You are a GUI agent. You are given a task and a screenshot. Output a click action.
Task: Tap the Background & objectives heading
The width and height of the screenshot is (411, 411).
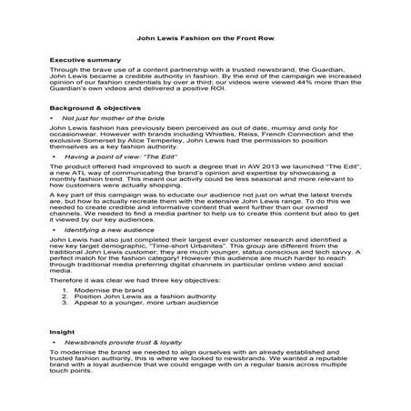pyautogui.click(x=95, y=106)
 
